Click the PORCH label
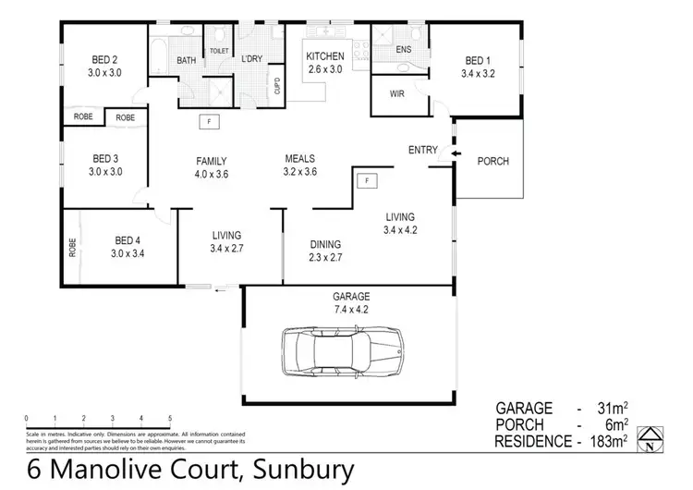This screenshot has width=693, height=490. [492, 162]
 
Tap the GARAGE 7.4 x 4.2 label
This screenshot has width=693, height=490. [350, 303]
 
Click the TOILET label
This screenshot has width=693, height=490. [219, 51]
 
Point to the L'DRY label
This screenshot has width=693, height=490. [252, 60]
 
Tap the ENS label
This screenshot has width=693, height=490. [404, 49]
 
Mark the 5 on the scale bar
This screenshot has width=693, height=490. [170, 420]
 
